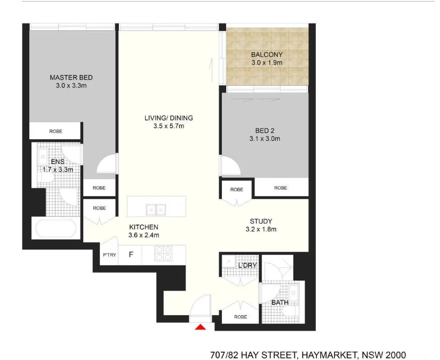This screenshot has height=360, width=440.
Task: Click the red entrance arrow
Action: pos(201,327)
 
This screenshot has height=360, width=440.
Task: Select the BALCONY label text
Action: pos(267,54)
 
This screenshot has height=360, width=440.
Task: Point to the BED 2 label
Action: pos(265,130)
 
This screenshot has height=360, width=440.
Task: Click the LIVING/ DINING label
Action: pos(169,118)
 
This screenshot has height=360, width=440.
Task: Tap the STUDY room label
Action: pos(261,221)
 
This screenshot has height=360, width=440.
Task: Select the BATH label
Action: pos(280,302)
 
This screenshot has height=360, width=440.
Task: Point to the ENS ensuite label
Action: pos(58,162)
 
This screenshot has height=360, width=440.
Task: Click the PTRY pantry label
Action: pos(110,255)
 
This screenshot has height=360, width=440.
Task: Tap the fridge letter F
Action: pos(130,255)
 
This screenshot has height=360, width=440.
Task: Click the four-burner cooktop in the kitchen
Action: pos(163,253)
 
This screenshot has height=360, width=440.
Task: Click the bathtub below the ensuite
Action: pos(55,229)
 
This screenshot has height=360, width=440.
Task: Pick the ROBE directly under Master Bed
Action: pos(55,131)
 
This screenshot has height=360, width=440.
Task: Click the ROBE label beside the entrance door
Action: pos(241,316)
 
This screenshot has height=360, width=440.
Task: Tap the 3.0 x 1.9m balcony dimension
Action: pos(267,62)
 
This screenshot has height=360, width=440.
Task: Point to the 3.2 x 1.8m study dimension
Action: pos(261,230)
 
